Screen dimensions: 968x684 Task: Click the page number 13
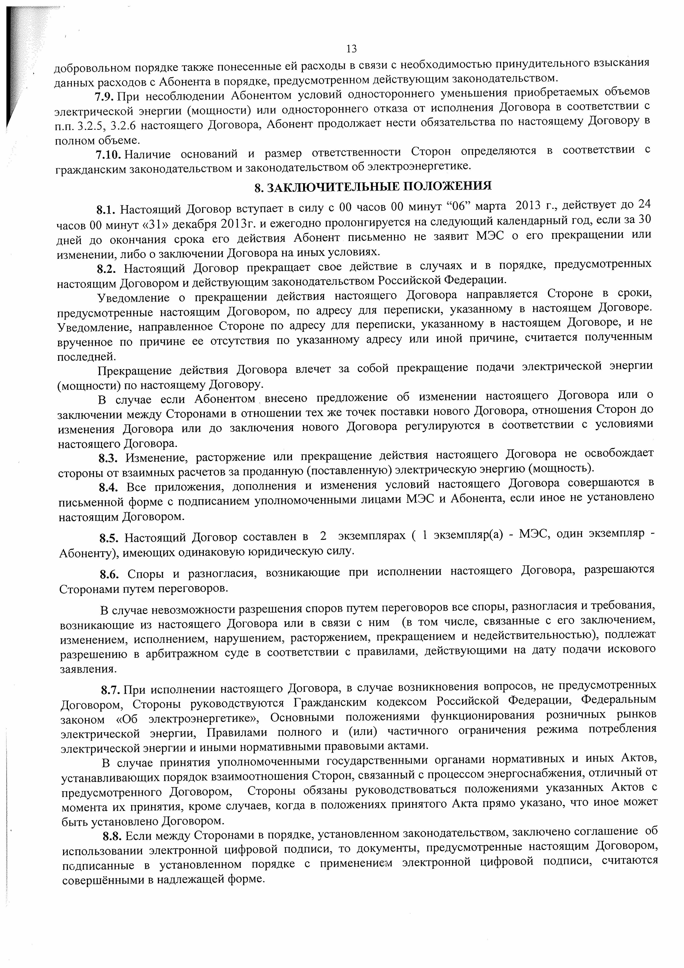click(x=352, y=49)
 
